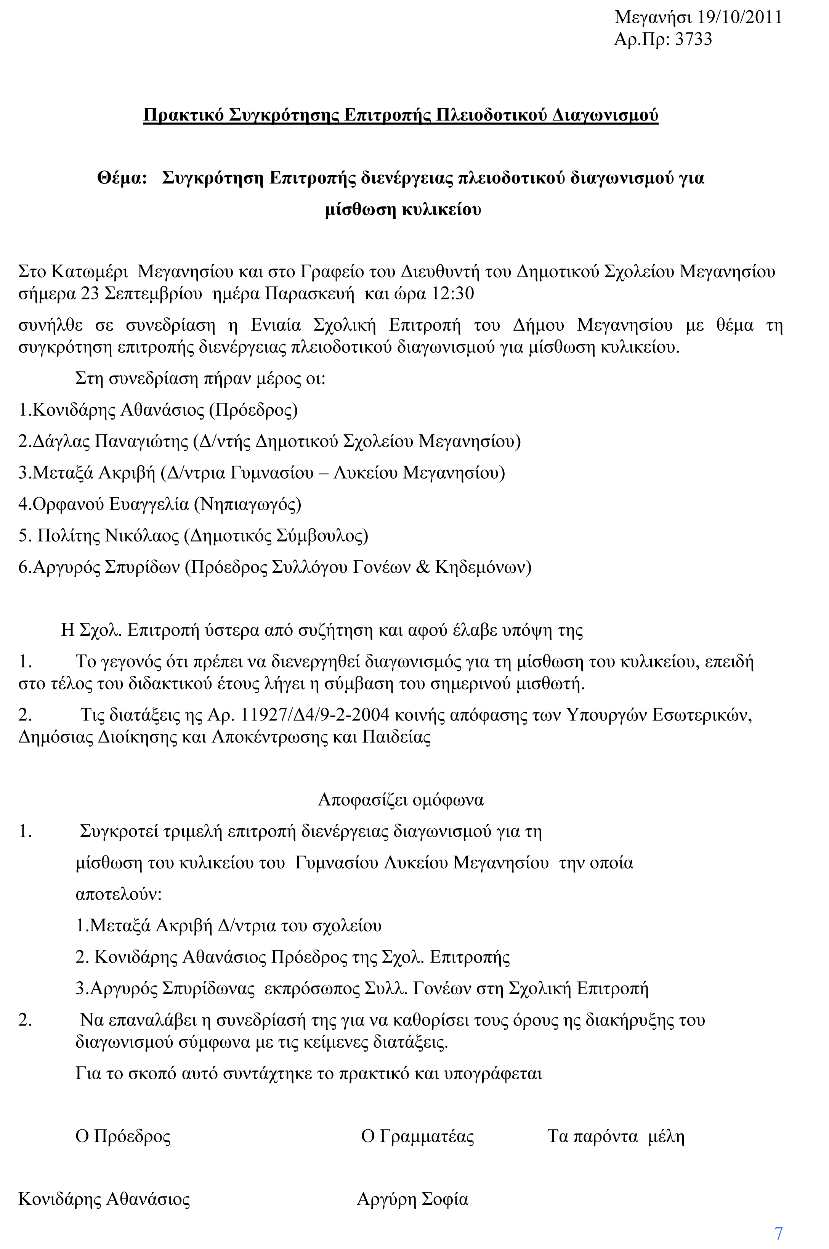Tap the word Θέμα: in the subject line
click(x=122, y=178)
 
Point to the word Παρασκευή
click(x=309, y=294)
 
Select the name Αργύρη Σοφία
click(x=412, y=1199)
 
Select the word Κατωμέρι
click(x=90, y=272)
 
